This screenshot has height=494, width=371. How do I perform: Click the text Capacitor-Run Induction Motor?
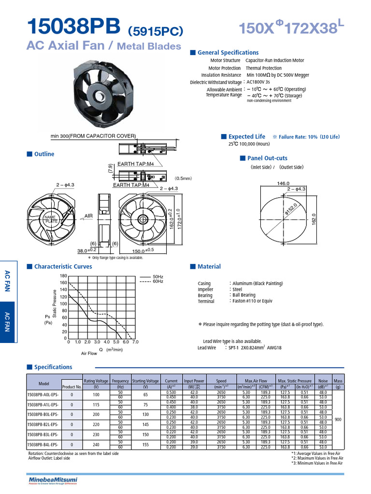click(274, 61)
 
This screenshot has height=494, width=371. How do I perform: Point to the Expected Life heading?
click(246, 137)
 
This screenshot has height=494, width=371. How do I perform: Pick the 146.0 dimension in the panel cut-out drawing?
click(283, 183)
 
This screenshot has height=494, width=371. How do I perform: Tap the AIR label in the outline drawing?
click(88, 217)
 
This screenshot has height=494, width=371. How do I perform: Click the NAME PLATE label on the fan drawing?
click(51, 219)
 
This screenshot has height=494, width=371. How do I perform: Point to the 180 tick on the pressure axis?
click(63, 275)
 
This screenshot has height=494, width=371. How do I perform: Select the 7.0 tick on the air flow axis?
click(135, 342)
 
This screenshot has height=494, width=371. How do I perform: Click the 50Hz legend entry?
click(158, 276)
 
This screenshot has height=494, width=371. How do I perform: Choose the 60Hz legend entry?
click(158, 281)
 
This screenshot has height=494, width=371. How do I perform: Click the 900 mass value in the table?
click(338, 420)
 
